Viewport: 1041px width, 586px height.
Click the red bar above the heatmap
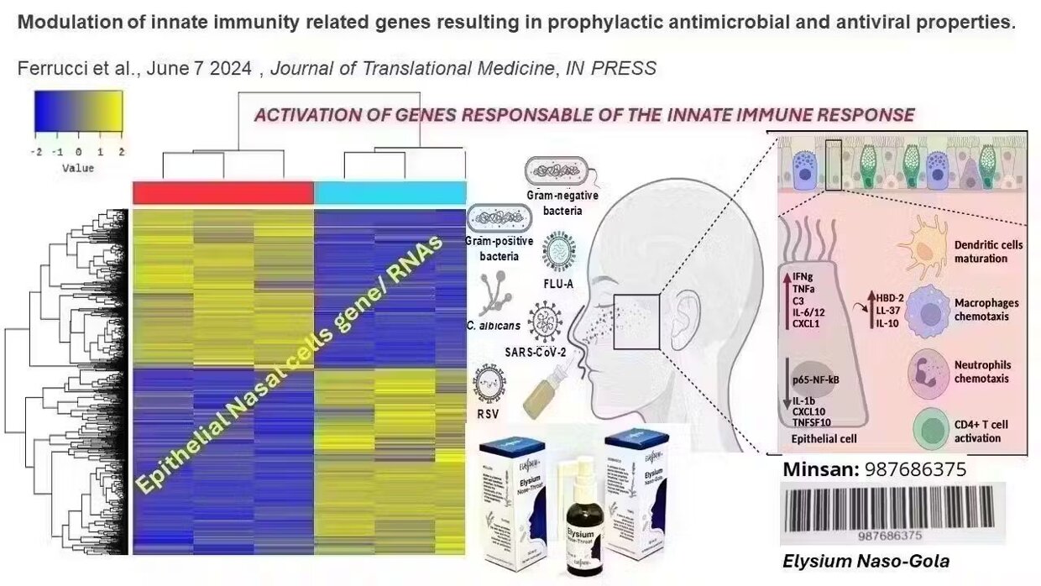(x=222, y=192)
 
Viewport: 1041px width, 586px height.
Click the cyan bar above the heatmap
(x=390, y=192)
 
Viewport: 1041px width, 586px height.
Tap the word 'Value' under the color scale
(x=78, y=168)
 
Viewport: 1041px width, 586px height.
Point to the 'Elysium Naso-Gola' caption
(x=866, y=562)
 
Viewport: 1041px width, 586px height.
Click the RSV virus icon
(x=489, y=383)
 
